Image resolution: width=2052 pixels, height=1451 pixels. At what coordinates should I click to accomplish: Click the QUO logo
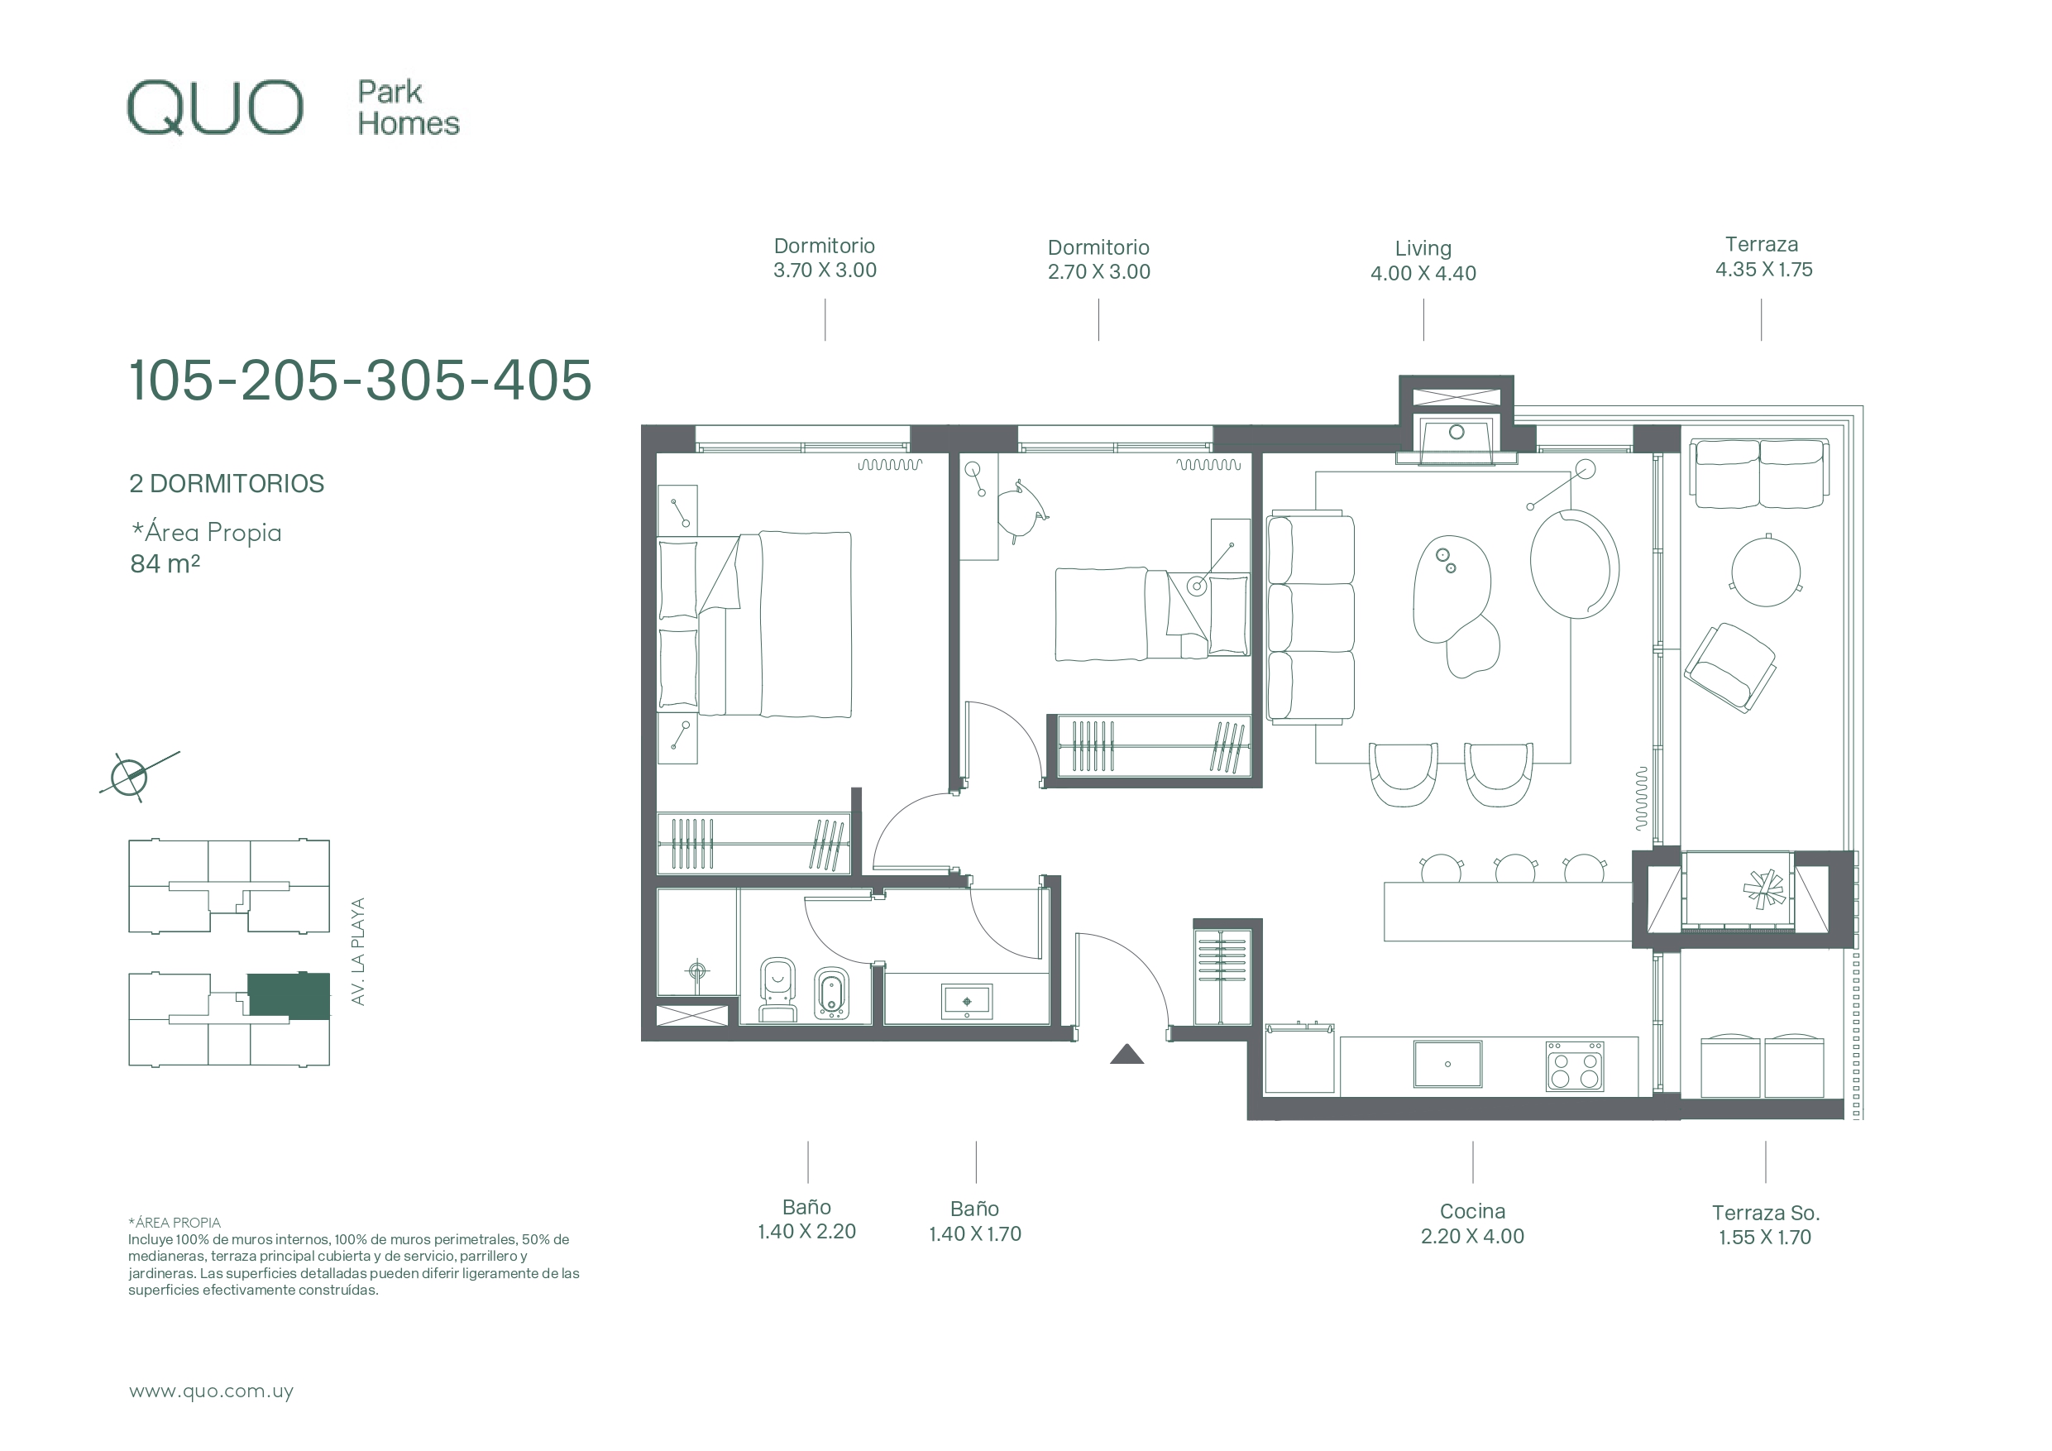coord(215,108)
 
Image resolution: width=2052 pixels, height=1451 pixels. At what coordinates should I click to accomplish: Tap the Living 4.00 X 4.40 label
coord(1423,261)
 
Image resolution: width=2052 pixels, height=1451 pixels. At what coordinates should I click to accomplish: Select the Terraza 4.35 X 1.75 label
coord(1763,256)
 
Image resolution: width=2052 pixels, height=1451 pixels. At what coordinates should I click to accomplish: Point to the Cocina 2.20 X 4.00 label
coord(1472,1224)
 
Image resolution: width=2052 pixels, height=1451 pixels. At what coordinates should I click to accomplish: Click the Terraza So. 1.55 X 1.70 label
coord(1765,1225)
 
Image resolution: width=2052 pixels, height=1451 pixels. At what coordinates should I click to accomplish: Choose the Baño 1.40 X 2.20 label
coord(806,1219)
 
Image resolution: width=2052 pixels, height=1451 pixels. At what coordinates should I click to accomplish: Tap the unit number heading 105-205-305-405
coord(360,380)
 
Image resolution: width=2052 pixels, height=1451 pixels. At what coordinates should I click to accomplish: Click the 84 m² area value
coord(165,563)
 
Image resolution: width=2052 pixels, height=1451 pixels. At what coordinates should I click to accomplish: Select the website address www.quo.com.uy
coord(211,1391)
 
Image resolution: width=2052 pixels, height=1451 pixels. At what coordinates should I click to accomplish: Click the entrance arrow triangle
coord(1127,1055)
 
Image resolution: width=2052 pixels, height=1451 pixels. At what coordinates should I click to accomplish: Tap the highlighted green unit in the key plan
coord(289,996)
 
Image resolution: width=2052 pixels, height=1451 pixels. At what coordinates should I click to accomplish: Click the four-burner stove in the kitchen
coord(1575,1066)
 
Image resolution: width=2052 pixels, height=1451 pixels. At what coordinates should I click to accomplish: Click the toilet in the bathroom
coord(777,989)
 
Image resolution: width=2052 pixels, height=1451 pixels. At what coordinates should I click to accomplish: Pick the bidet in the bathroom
coord(831,993)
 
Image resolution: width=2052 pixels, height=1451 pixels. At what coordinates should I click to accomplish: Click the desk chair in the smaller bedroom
coord(1023,510)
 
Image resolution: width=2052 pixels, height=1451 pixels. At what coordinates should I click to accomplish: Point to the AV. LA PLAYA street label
coord(358,951)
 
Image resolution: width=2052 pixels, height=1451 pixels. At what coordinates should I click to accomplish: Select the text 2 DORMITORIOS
coord(227,484)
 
